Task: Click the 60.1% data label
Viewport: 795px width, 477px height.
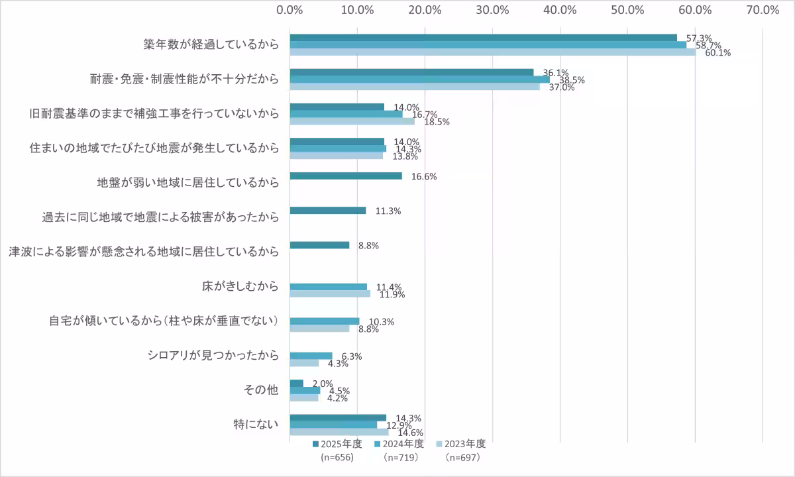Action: pos(717,53)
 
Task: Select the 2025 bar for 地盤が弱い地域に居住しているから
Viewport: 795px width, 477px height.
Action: pos(346,176)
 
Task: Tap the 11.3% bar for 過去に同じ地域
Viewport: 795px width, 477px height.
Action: pos(328,211)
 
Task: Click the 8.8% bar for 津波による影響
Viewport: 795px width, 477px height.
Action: pos(319,245)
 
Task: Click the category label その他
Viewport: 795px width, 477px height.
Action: pos(263,390)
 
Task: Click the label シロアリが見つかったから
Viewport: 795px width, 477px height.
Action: pos(213,356)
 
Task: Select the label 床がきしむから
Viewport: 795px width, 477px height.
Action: pos(240,287)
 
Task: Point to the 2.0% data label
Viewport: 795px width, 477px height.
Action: pos(323,384)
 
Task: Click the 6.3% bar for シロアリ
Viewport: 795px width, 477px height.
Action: pos(311,356)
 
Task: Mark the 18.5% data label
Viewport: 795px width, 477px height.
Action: pos(437,122)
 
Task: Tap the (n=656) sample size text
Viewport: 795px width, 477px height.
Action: pos(337,457)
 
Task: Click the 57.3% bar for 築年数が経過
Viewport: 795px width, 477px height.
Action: pos(484,38)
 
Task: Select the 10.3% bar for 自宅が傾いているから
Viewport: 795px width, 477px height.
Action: pos(325,321)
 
